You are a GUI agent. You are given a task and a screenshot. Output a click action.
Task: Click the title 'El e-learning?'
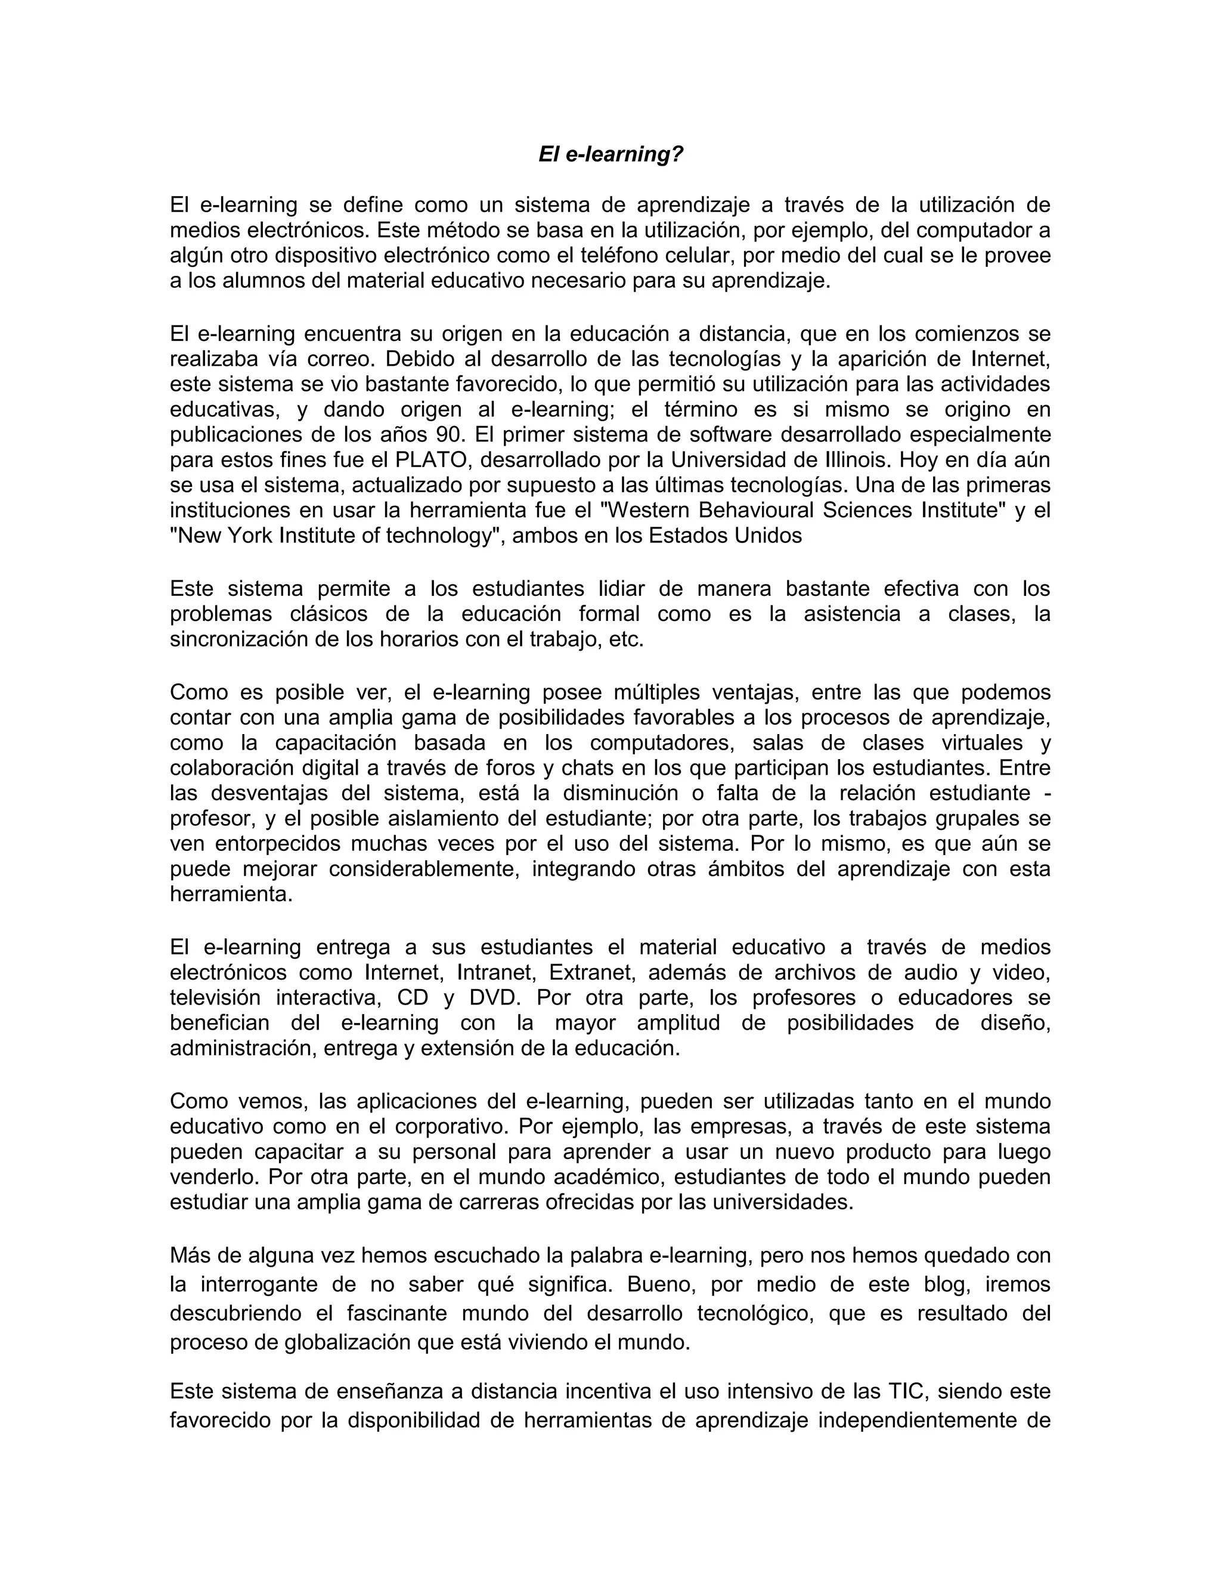coord(610,154)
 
